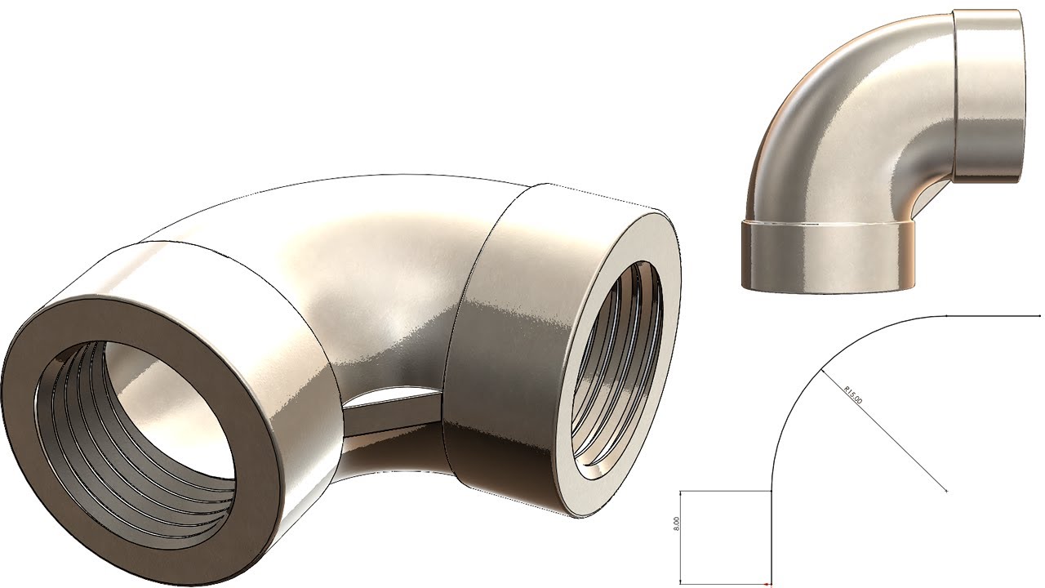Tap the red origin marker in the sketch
coord(767,585)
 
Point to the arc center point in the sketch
coord(946,491)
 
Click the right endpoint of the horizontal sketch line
coord(1039,315)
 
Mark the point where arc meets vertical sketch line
coord(772,491)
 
